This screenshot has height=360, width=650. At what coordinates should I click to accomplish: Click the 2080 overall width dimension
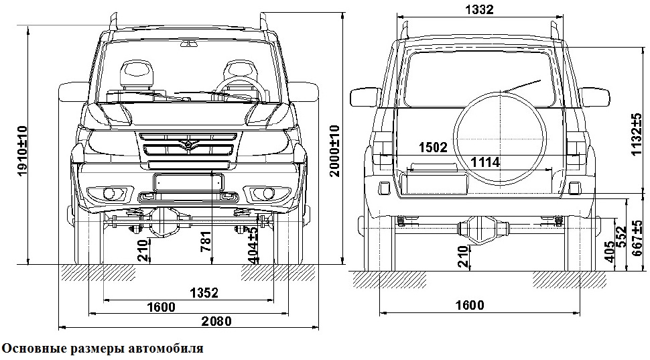pos(216,322)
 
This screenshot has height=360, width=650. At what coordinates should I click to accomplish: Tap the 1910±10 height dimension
pos(22,151)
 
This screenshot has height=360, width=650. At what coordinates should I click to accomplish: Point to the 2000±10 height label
pos(334,152)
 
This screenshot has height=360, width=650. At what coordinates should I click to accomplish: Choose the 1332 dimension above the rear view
pos(478,9)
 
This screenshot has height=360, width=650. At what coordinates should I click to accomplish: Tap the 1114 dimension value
pos(485,162)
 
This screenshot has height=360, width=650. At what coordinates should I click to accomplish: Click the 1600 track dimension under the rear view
pos(468,306)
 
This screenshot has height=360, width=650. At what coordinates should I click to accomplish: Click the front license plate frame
pos(188,181)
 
